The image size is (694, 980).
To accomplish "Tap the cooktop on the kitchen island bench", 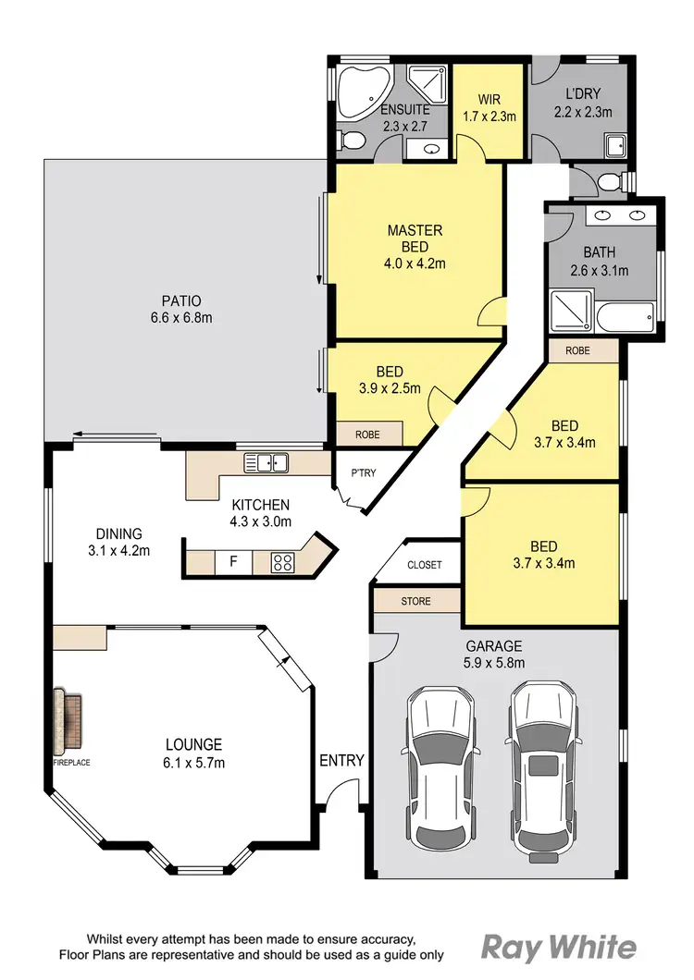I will coord(283,561).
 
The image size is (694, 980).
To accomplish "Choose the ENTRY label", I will coord(341,761).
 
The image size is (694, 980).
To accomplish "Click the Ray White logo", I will coord(559,948).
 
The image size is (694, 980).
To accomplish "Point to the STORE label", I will coord(415,601).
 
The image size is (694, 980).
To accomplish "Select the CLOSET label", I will coord(424,565).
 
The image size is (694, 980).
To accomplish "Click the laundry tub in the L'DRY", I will coord(615,144).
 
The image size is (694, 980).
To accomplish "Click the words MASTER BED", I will coord(415,239).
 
